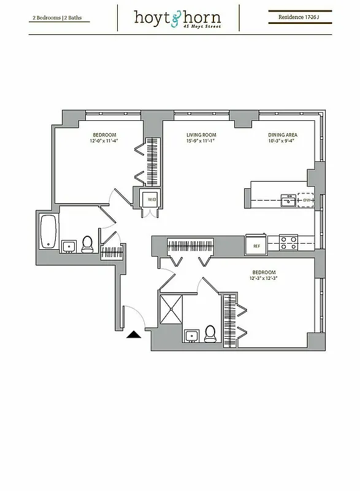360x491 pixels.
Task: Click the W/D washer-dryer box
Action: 150,199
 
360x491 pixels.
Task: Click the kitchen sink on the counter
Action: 287,200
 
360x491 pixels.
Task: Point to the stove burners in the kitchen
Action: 288,243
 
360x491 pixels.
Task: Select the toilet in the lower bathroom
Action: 210,333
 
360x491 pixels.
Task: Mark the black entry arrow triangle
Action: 133,334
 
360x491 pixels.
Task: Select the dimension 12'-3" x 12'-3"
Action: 264,278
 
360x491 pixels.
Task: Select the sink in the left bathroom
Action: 68,247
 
